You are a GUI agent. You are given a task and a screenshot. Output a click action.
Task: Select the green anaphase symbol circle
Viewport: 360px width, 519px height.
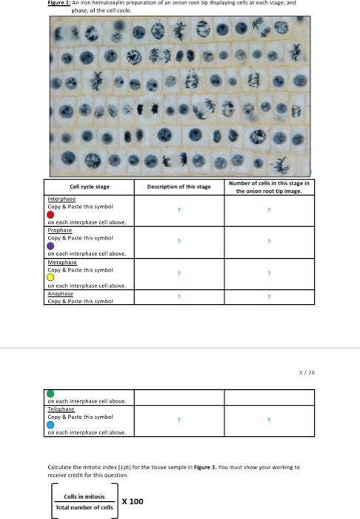coord(51,394)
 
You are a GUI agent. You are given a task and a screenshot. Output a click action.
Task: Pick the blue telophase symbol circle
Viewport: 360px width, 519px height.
coord(51,425)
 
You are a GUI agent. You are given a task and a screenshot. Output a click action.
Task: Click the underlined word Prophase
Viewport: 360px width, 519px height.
coord(60,231)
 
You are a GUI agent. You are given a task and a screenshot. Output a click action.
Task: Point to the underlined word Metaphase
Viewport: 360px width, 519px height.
coord(61,262)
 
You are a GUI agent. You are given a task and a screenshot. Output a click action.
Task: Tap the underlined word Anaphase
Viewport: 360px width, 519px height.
coord(61,293)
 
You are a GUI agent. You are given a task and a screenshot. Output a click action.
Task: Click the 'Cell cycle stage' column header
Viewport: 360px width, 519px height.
coord(90,187)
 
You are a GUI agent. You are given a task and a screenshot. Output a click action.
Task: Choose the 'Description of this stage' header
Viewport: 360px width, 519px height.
coord(179,187)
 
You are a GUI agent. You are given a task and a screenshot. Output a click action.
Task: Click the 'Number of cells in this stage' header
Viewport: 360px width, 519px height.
coord(270,187)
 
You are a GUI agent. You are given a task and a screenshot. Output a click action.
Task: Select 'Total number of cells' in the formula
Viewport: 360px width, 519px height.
coord(84,508)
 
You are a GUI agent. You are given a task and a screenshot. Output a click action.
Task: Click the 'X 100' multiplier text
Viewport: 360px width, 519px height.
coord(133,501)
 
